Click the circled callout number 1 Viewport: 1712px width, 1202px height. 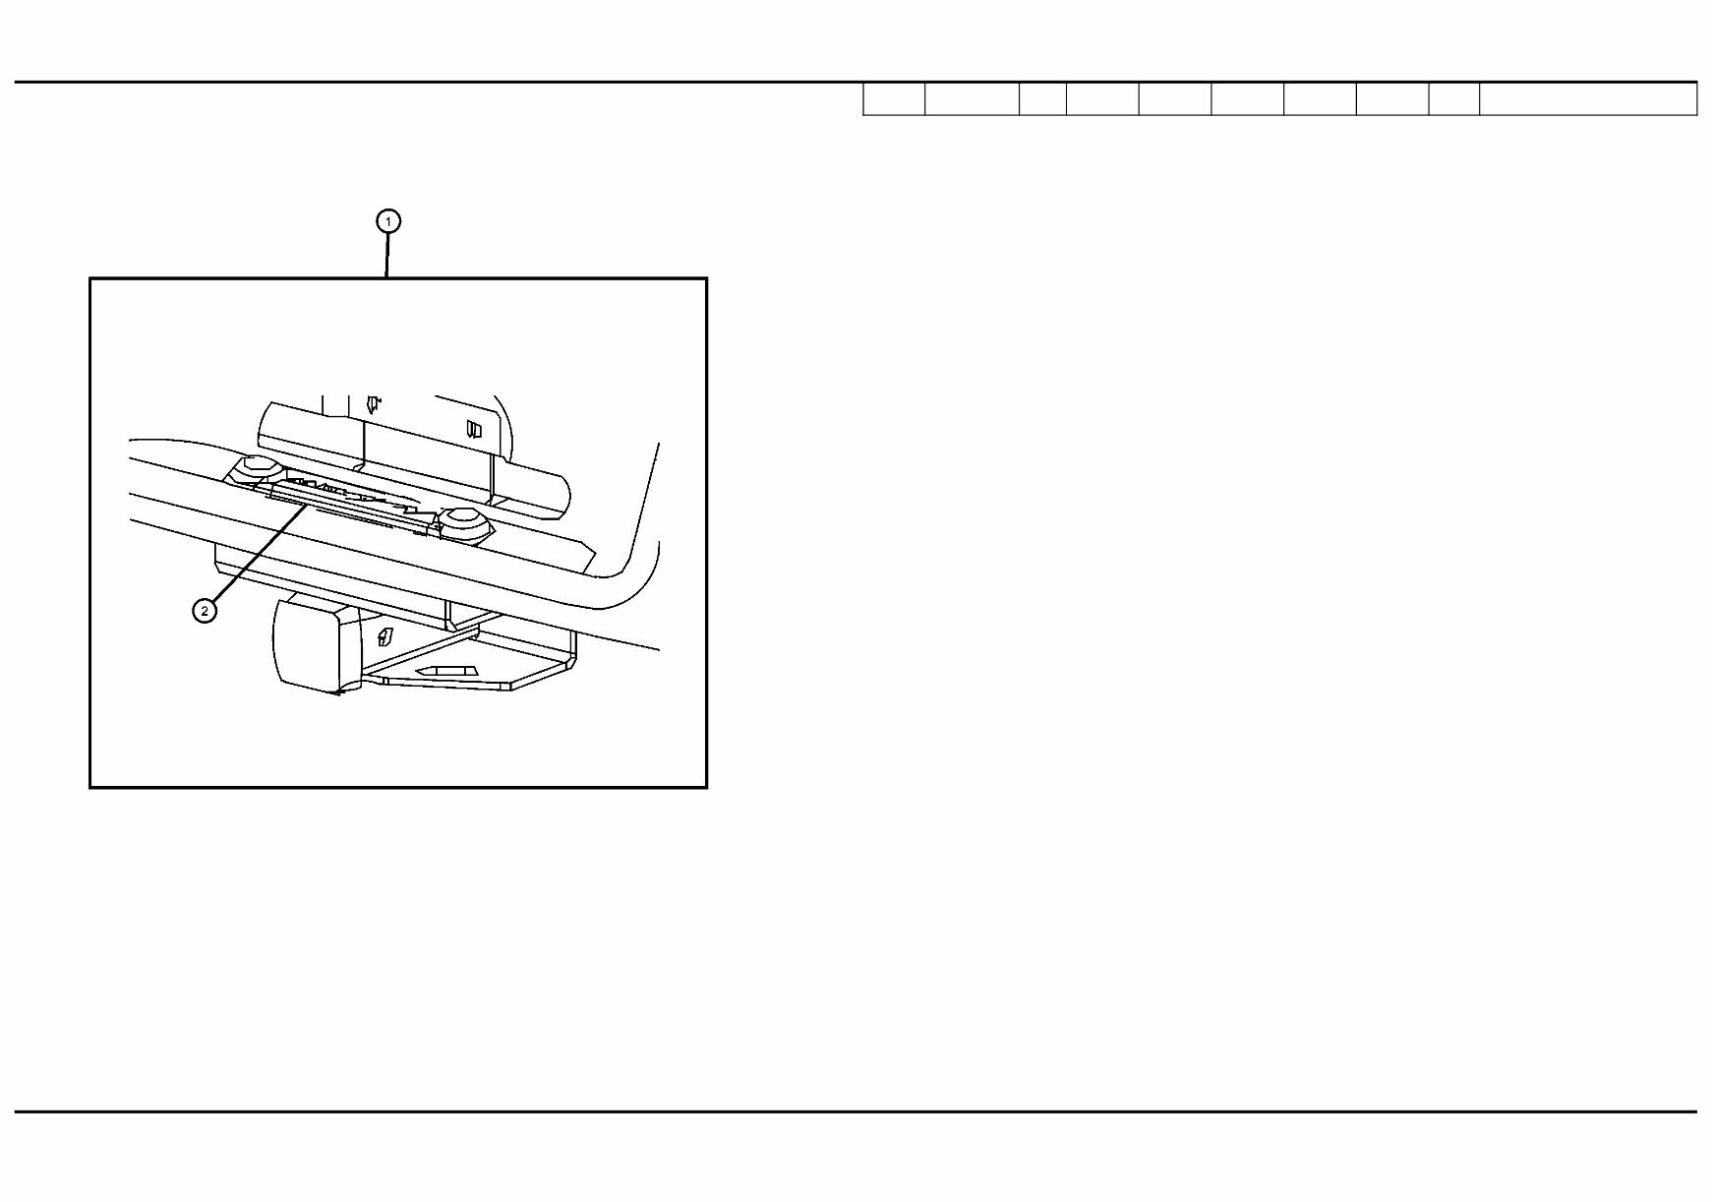tap(388, 221)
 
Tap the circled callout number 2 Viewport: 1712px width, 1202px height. tap(205, 611)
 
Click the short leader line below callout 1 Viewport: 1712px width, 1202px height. tap(387, 256)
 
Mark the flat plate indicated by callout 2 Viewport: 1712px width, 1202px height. tap(354, 506)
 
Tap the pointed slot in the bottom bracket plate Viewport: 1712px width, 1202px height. tap(448, 671)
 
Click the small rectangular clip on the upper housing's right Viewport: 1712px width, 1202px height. tap(475, 429)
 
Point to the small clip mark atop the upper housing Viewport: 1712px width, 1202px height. tap(373, 403)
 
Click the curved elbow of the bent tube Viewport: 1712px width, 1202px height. tap(629, 571)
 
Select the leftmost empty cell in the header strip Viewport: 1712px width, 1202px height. tap(894, 99)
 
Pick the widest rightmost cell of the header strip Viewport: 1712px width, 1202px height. tap(1588, 99)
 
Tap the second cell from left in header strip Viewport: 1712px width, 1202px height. tap(972, 99)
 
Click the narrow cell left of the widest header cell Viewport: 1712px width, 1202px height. tap(1454, 99)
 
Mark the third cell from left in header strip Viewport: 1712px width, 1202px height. tap(1042, 99)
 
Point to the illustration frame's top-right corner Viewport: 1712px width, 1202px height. tap(706, 279)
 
